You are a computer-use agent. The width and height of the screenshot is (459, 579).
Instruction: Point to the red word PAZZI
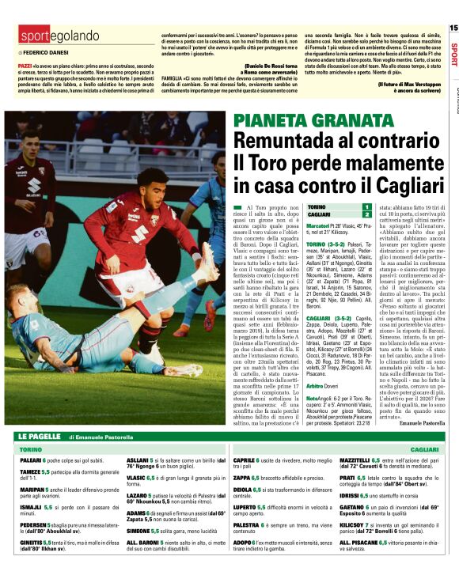[x=25, y=60]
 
